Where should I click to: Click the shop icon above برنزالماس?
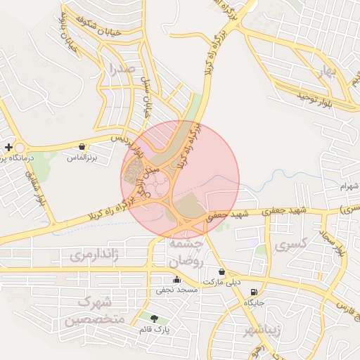tap(83, 147)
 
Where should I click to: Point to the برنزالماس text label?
tap(81, 158)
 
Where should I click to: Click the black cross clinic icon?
tap(8, 147)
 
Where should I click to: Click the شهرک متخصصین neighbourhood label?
tap(95, 311)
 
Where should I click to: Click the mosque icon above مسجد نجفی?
tap(176, 280)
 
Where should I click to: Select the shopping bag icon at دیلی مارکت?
tap(222, 271)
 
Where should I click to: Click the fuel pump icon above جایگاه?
tap(253, 292)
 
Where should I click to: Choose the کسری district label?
tap(292, 246)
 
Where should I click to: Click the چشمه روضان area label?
tap(186, 252)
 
